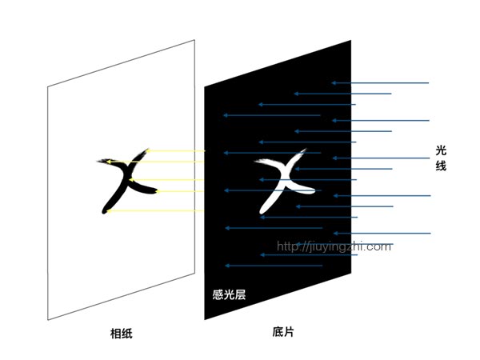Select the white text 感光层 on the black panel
228,294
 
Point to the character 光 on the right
441,150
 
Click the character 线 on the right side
441,166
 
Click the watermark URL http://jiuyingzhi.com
334,246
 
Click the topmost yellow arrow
176,150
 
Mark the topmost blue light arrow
381,83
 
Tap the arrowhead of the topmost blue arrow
333,83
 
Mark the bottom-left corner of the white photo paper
48,320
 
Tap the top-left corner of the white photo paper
48,86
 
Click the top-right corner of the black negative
351,38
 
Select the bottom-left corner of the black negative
205,319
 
